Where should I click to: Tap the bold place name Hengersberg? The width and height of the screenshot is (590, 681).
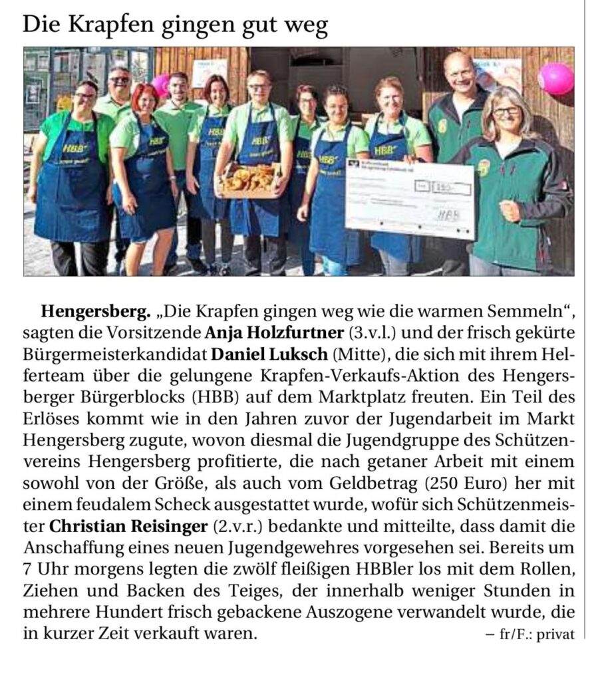point(95,311)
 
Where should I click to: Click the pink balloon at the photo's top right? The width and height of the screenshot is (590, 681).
point(556,79)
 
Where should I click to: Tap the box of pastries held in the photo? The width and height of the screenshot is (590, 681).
point(249,179)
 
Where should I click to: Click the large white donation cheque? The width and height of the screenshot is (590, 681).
point(410,198)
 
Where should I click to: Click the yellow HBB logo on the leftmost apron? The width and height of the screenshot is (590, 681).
point(73,150)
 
